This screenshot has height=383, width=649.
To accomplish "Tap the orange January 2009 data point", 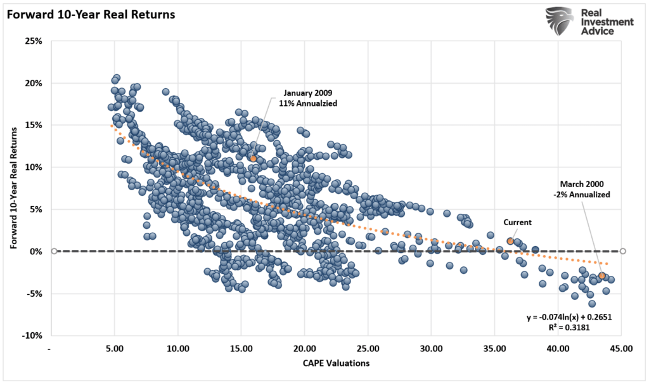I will [x=253, y=159].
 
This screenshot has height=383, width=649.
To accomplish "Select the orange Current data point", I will [x=510, y=241].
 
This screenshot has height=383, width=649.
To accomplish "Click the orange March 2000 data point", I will [x=601, y=275].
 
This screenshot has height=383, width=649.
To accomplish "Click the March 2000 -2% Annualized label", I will [x=580, y=190].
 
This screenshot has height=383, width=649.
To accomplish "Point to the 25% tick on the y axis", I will [x=33, y=41].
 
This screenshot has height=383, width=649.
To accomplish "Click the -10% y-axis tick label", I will [x=32, y=335].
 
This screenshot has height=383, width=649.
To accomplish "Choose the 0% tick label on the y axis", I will [x=35, y=251].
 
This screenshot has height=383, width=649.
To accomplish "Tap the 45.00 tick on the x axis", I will [x=620, y=348].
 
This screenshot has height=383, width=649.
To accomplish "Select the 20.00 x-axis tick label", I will [x=304, y=348].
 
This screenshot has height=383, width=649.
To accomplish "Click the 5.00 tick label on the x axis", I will [x=115, y=348].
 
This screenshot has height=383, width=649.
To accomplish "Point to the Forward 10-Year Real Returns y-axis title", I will [x=14, y=188].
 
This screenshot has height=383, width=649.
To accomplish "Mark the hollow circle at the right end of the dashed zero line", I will [x=623, y=251].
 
